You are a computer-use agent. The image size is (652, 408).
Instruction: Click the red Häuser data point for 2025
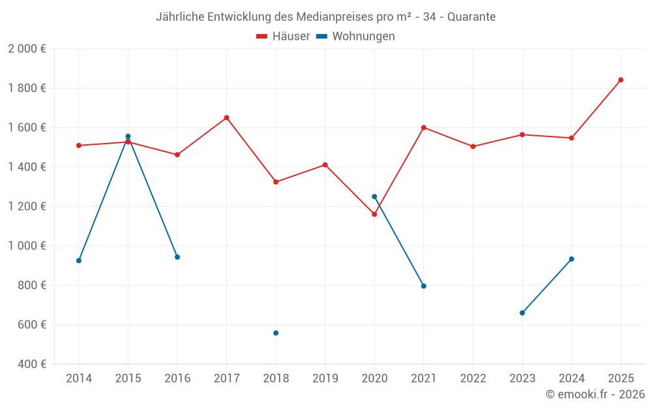621,80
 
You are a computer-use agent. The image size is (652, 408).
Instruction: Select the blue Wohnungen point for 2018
276,333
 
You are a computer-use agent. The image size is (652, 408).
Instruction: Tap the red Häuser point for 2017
226,118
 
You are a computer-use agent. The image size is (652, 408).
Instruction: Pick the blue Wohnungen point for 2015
128,136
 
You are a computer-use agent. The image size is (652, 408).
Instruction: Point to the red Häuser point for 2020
374,214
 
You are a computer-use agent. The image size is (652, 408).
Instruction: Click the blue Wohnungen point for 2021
424,286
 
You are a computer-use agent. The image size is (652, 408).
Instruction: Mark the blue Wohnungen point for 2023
522,313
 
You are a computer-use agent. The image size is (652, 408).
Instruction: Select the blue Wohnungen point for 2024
572,259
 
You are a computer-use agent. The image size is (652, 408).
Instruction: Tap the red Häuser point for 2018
276,182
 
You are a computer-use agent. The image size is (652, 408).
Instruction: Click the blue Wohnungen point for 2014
79,260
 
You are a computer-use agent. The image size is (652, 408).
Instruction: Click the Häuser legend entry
284,37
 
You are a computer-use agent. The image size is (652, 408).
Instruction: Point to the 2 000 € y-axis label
27,49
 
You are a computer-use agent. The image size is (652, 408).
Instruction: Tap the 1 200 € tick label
27,206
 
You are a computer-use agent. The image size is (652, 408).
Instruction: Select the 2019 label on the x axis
325,378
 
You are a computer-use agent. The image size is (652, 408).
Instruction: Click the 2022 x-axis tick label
473,378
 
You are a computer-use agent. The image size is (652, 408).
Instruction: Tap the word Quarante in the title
471,16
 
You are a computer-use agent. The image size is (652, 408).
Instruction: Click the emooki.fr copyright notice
595,394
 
